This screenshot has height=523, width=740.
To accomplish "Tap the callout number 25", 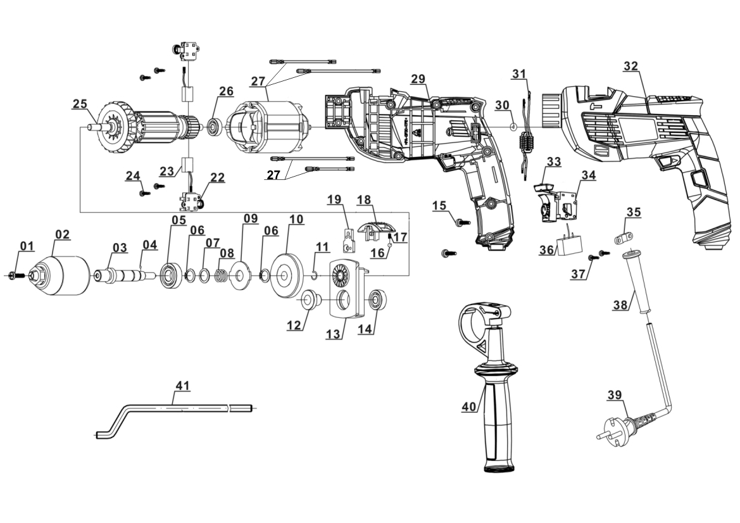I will (79, 103).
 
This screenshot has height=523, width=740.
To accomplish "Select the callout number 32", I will (630, 66).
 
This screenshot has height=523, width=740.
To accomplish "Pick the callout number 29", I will (417, 78).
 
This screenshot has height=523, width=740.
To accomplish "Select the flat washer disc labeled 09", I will (241, 275).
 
